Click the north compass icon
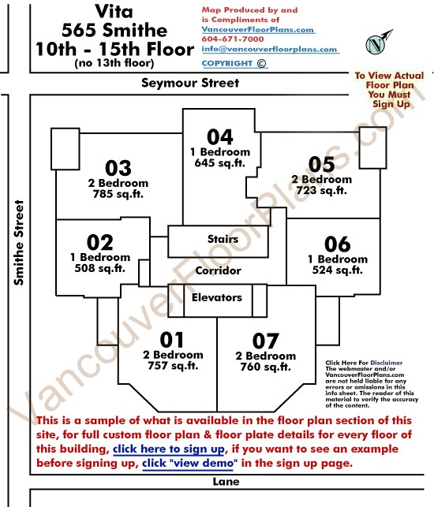coord(378,43)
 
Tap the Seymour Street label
coord(190,83)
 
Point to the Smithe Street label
coord(19,243)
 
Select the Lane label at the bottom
coord(226,482)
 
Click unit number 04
coord(219,136)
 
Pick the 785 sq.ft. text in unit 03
coord(118,194)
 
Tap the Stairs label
coord(223,239)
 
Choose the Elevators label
coord(217,297)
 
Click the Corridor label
coord(218,270)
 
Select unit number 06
coord(338,244)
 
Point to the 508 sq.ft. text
coord(99,268)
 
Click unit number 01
coord(172,340)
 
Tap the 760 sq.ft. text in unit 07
coord(265,367)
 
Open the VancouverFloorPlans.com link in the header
coord(258,29)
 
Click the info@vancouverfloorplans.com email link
coord(270,49)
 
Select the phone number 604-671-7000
coord(233,39)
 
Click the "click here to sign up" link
coord(169,449)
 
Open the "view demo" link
coord(189,463)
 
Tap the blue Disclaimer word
coord(387,363)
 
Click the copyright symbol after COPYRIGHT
coord(261,63)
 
